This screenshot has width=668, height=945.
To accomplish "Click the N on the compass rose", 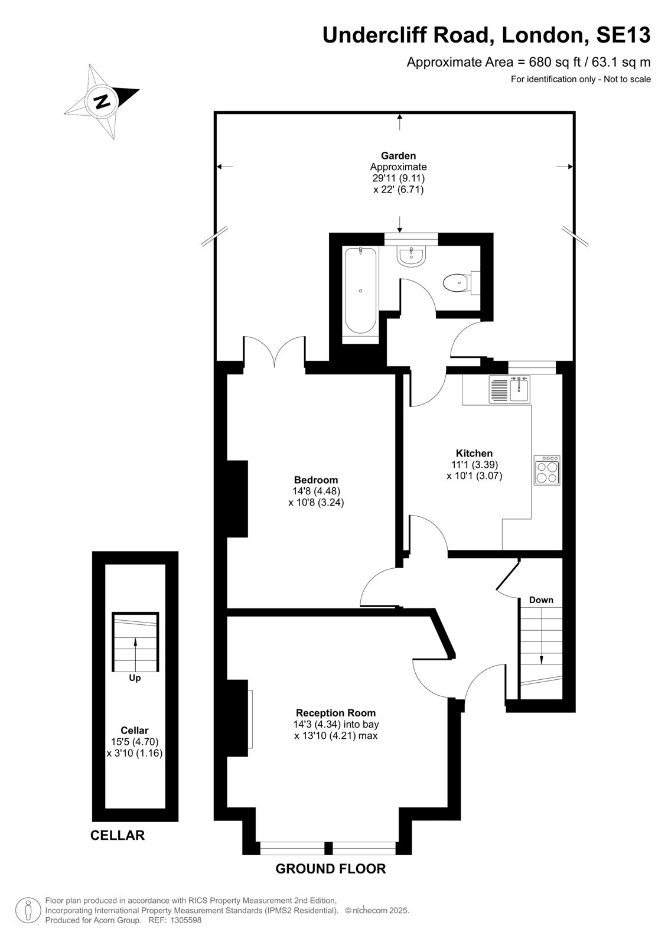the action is pos(101,101).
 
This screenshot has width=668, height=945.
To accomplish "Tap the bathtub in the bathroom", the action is pos(360,291).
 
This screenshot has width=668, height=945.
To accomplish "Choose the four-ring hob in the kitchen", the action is pos(547,470).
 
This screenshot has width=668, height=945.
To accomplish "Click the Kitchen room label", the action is pos(474,453).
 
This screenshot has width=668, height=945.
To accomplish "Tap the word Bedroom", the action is pos(316,480).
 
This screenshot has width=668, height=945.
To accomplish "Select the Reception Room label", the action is pos(335,712).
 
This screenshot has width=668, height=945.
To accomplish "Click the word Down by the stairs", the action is pos(541,599).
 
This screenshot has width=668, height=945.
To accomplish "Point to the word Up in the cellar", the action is pos(135,677).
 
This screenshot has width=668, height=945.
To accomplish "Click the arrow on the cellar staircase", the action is pos(135,653).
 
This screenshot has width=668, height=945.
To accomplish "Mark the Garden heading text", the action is pos(398,156).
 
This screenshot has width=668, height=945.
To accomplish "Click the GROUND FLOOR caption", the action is pos(331,869).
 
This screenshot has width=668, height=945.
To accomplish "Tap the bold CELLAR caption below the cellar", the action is pos(118,835).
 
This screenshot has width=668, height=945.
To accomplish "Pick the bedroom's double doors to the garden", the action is pos(274,351).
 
